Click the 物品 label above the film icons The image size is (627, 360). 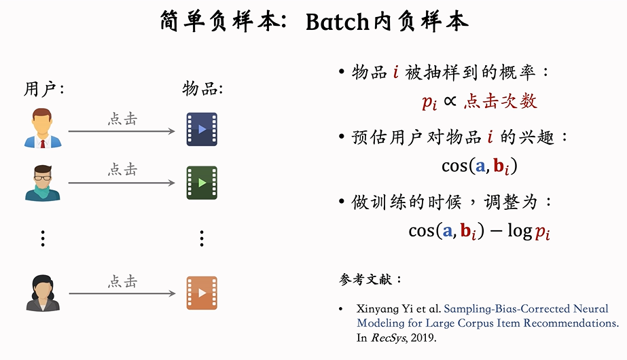click(202, 89)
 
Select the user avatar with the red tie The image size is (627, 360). click(42, 129)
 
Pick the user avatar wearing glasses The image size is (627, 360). click(42, 183)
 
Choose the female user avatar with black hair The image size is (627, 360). click(42, 293)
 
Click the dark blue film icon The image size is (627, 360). click(202, 129)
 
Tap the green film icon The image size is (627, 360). click(202, 183)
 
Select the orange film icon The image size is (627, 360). click(202, 293)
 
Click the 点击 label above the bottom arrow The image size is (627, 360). click(123, 281)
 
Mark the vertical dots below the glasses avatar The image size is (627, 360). click(42, 238)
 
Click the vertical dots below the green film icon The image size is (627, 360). click(202, 238)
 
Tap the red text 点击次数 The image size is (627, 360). click(501, 102)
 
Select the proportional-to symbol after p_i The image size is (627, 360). click(450, 102)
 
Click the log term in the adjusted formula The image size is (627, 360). click(519, 231)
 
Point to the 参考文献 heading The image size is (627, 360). click(370, 279)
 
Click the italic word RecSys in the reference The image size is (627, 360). click(387, 337)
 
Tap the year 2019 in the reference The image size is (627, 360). click(424, 337)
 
